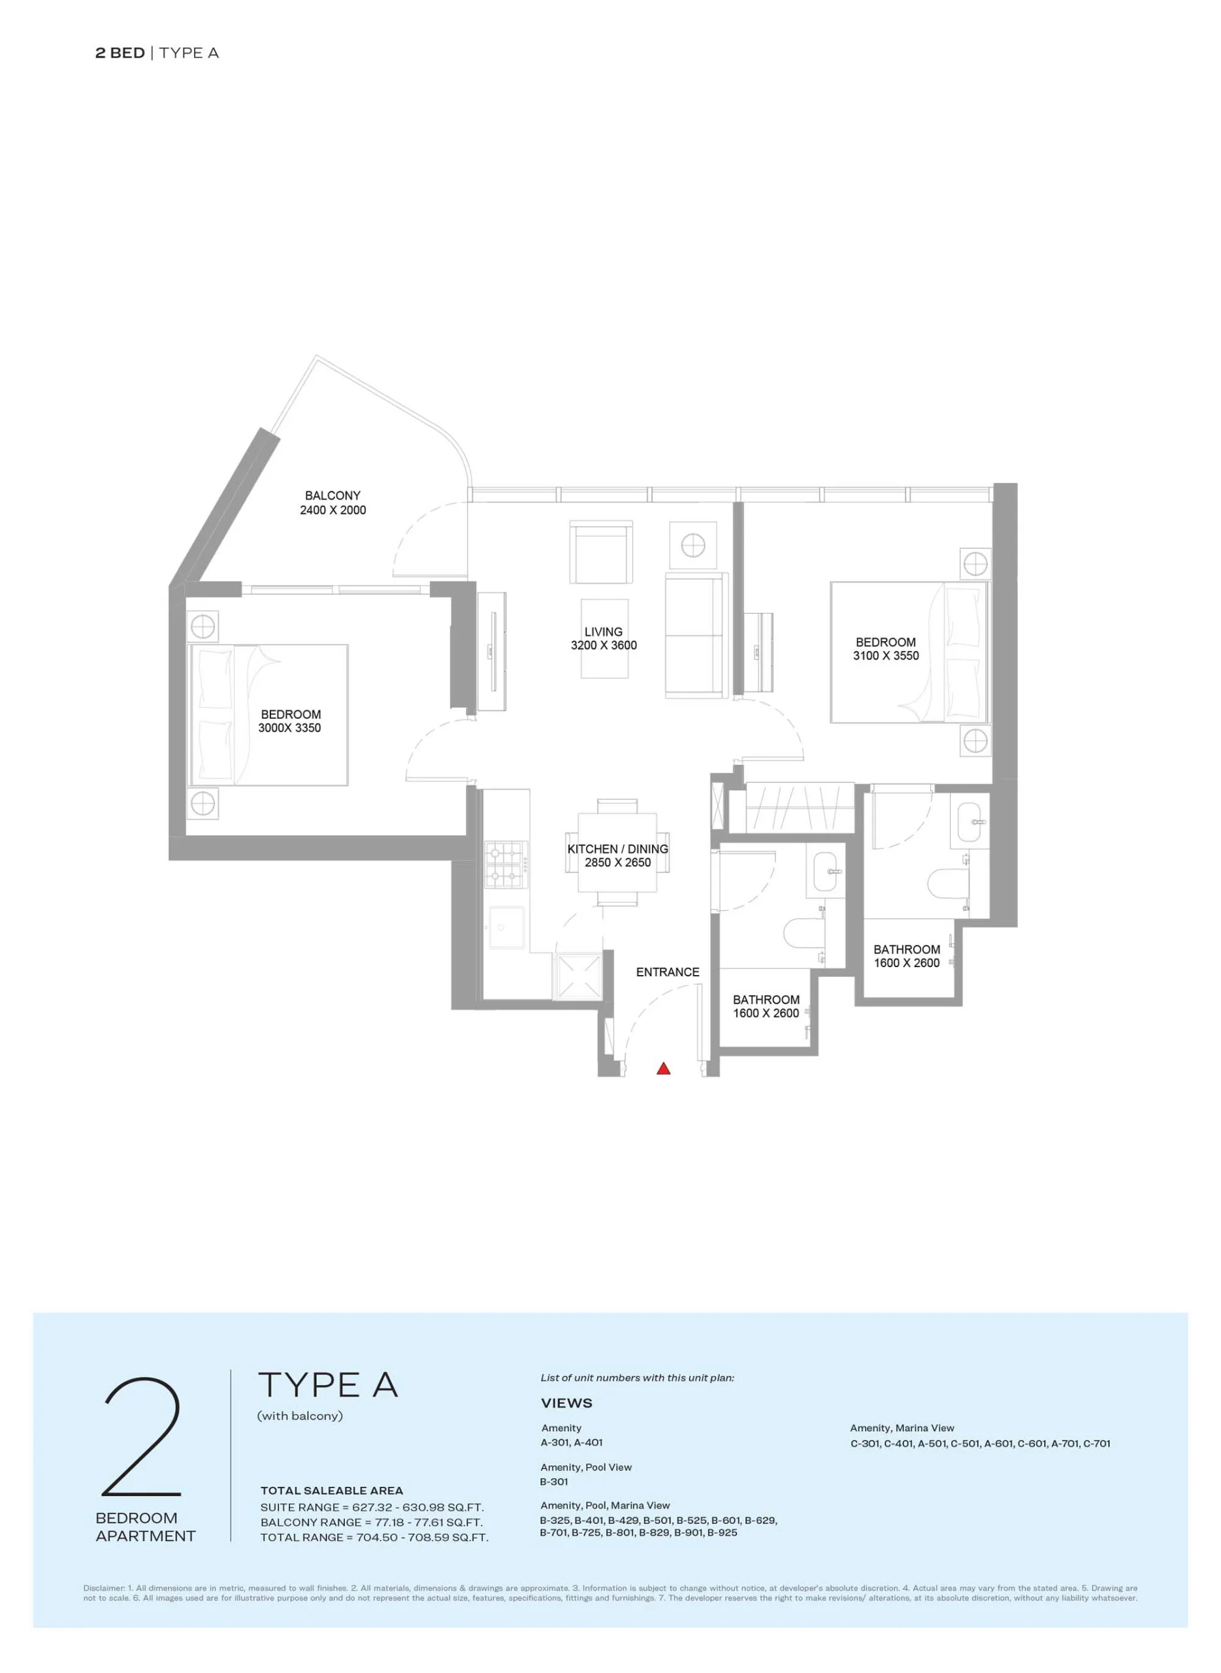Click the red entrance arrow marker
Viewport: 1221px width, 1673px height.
[664, 1068]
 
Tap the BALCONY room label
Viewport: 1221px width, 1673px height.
[333, 495]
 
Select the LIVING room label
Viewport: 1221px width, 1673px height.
[603, 632]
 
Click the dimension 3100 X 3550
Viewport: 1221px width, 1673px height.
[886, 655]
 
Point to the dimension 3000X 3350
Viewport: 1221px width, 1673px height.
[289, 728]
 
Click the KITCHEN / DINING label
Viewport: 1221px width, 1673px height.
[618, 850]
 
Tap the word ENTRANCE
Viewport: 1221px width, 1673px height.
[668, 972]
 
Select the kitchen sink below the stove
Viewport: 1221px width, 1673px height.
[506, 927]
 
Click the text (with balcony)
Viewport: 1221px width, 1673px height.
[300, 1416]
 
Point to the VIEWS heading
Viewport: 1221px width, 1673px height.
[567, 1403]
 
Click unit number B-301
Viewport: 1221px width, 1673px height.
[553, 1482]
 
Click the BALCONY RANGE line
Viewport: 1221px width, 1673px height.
[371, 1522]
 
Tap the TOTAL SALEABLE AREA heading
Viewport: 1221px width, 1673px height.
[332, 1491]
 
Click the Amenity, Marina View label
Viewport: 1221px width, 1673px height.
[902, 1427]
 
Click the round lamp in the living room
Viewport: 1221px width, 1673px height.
[692, 546]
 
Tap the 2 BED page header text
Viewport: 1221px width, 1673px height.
[120, 52]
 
